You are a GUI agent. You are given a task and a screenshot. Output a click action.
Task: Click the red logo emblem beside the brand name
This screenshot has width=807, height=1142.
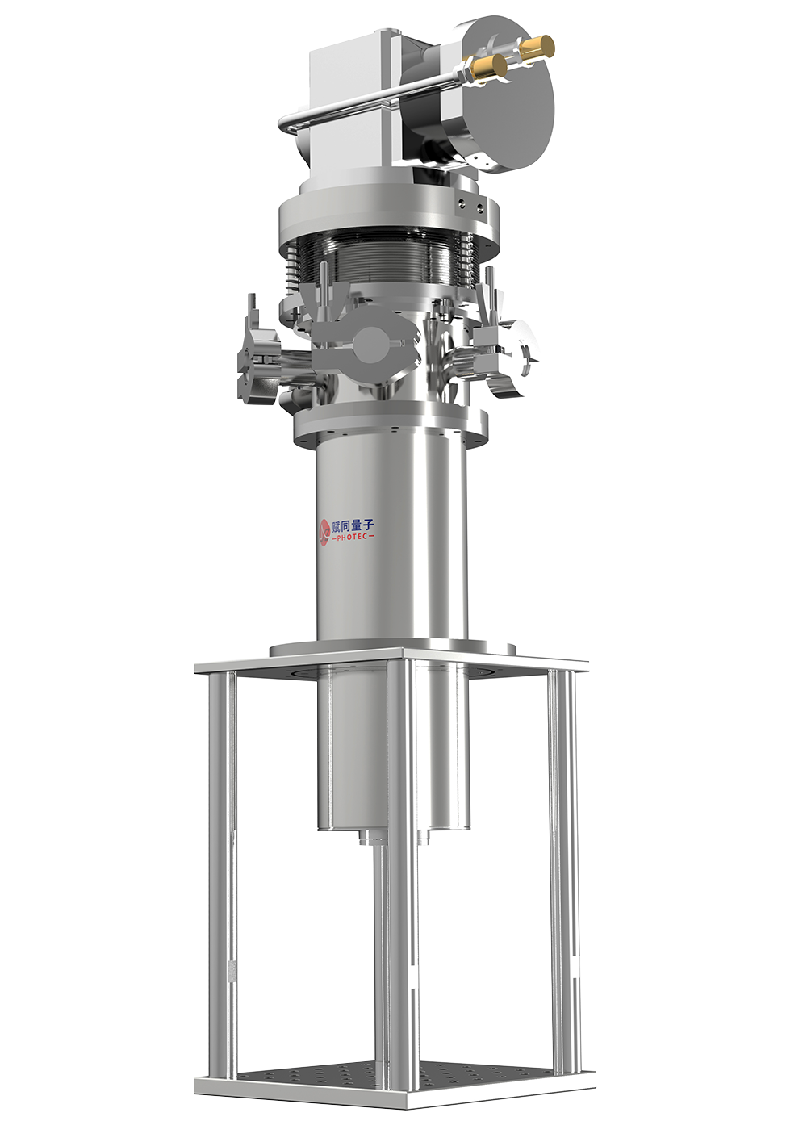pos(324,532)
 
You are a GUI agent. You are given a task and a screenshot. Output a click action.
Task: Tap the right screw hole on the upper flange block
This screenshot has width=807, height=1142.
pos(479,207)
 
